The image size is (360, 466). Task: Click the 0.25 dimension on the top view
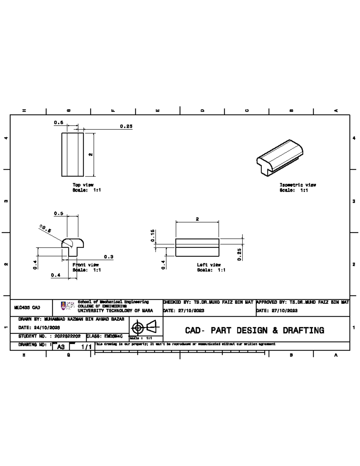pyautogui.click(x=126, y=126)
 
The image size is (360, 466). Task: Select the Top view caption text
pyautogui.click(x=83, y=185)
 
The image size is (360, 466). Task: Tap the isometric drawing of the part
pyautogui.click(x=280, y=158)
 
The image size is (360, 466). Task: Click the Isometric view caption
pyautogui.click(x=298, y=185)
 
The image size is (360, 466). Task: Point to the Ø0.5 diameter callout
pyautogui.click(x=45, y=229)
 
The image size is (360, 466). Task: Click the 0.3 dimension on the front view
pyautogui.click(x=109, y=257)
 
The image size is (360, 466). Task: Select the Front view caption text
pyautogui.click(x=85, y=265)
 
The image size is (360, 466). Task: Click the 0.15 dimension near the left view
pyautogui.click(x=152, y=236)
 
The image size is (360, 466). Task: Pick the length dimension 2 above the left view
pyautogui.click(x=197, y=219)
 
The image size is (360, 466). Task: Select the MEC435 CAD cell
pyautogui.click(x=27, y=308)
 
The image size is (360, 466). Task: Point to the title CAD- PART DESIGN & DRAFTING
pyautogui.click(x=254, y=330)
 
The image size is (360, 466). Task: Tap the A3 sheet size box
pyautogui.click(x=61, y=347)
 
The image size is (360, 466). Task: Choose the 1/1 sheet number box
pyautogui.click(x=86, y=347)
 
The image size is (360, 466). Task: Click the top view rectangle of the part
pyautogui.click(x=72, y=155)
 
